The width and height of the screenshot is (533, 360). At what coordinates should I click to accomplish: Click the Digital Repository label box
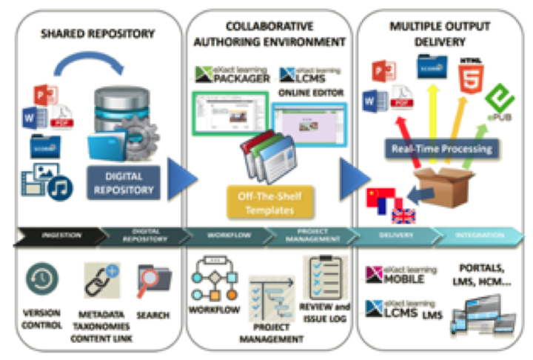point(124,183)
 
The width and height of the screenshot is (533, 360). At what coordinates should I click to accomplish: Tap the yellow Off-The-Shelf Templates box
point(270,201)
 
